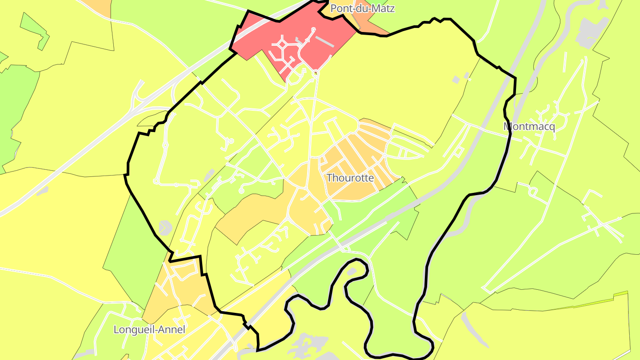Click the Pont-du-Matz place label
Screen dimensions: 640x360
tap(363, 8)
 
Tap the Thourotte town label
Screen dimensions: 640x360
tap(350, 178)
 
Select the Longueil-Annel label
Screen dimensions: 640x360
tap(149, 330)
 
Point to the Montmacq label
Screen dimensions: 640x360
tap(529, 127)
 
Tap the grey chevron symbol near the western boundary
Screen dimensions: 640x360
tap(165, 228)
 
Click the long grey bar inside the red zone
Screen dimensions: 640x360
tap(324, 41)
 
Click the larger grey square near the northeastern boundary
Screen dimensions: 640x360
tap(456, 80)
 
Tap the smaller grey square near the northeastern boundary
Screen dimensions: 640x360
tap(467, 76)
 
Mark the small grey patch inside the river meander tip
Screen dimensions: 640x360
tap(352, 271)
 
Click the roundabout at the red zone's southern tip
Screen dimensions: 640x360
tap(316, 73)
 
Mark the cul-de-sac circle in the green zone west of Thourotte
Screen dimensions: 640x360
tap(241, 191)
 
